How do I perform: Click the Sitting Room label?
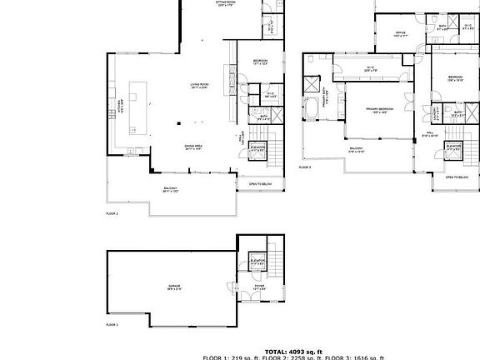click(x=222, y=4)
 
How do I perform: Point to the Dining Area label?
click(x=194, y=147)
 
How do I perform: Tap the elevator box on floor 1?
click(x=258, y=264)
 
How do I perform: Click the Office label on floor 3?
click(x=400, y=34)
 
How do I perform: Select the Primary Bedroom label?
click(x=378, y=109)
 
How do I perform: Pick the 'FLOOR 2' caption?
click(x=112, y=213)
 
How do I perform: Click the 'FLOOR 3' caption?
click(x=305, y=167)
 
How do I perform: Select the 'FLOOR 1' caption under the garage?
click(x=112, y=324)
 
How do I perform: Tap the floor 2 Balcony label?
click(x=170, y=189)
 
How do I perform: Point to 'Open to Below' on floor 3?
click(x=457, y=177)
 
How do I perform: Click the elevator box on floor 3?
click(x=454, y=148)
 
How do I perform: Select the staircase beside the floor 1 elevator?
click(x=278, y=267)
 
